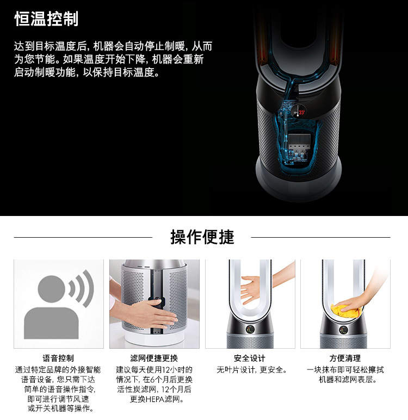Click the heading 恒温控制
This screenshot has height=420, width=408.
(x=46, y=18)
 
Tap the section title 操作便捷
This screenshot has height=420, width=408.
(x=202, y=237)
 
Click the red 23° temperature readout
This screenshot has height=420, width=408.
(x=302, y=113)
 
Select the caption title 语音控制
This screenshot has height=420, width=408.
(x=58, y=358)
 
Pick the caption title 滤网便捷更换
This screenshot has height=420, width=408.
(x=154, y=358)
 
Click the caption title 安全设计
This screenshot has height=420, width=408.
(x=249, y=358)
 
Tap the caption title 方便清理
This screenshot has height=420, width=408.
(x=345, y=358)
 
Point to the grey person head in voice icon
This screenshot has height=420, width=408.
(x=52, y=289)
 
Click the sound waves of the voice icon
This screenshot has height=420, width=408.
(x=82, y=288)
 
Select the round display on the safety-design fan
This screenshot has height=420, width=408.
(x=250, y=329)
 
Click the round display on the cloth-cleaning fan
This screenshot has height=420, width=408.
(x=343, y=330)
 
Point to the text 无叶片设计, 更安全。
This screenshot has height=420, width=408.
(x=251, y=370)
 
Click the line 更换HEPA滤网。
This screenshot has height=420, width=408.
(x=157, y=399)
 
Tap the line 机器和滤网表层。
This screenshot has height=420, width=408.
(x=348, y=380)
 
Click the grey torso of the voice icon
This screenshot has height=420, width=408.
(x=51, y=323)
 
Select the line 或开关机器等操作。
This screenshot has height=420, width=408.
(x=61, y=409)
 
